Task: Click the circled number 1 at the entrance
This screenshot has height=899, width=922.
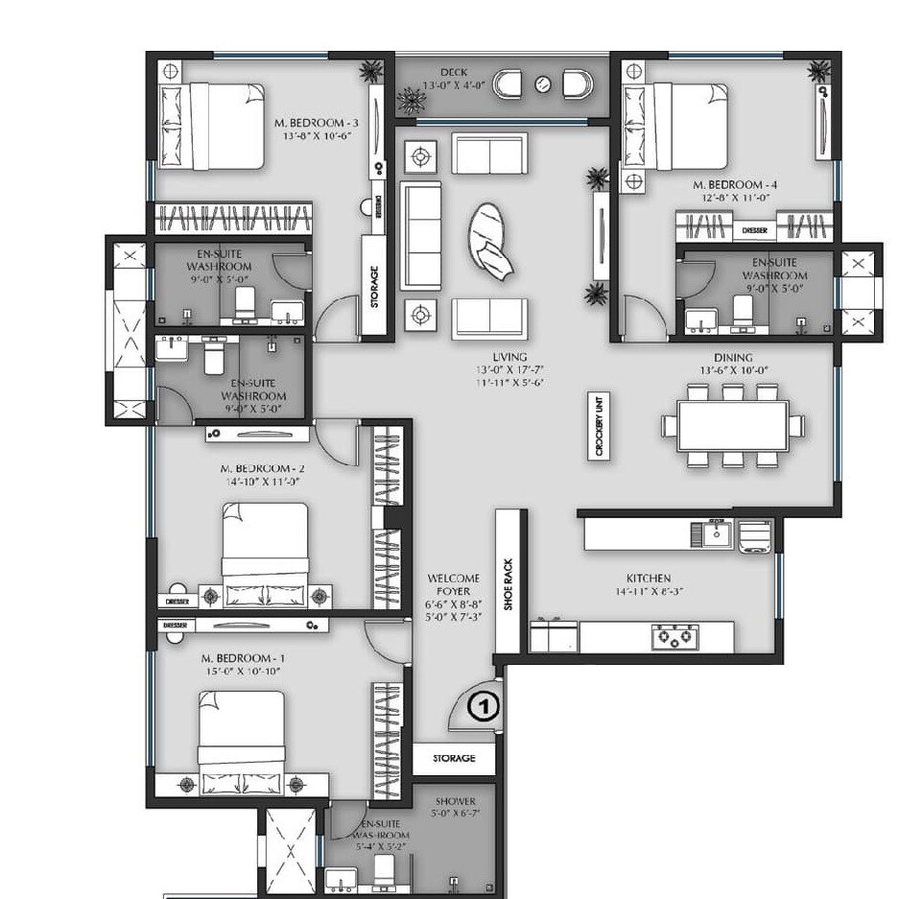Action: (485, 708)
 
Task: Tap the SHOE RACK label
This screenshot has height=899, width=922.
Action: (509, 585)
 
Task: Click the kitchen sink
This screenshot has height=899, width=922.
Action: (716, 533)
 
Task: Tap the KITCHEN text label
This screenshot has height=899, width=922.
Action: (648, 579)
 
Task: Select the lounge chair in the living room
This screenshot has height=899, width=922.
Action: (493, 242)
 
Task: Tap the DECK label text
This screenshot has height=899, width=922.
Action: (453, 73)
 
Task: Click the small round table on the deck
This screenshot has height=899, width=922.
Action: (543, 84)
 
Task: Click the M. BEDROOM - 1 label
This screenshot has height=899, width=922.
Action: (243, 657)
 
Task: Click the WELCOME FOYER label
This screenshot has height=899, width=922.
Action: (453, 585)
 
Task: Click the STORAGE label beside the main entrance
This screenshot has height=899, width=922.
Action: (454, 758)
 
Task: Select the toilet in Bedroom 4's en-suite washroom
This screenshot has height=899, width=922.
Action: (743, 310)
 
